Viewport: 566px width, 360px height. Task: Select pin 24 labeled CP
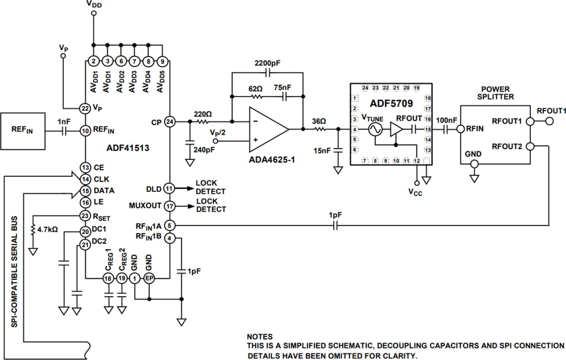[x=169, y=121]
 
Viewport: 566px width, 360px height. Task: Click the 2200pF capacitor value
[x=267, y=63]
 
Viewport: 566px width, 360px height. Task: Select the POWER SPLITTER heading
[x=495, y=93]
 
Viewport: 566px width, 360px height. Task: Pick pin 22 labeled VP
[x=85, y=108]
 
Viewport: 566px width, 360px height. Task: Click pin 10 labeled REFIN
[x=85, y=130]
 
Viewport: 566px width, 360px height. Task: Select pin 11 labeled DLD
[x=169, y=188]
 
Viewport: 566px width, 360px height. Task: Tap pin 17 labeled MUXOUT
[x=169, y=206]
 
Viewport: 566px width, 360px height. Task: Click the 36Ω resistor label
[x=319, y=121]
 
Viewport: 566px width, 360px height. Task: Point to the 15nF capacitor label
[x=321, y=151]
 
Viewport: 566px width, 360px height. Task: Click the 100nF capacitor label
[x=446, y=121]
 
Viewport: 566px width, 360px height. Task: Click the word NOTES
[x=259, y=336]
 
